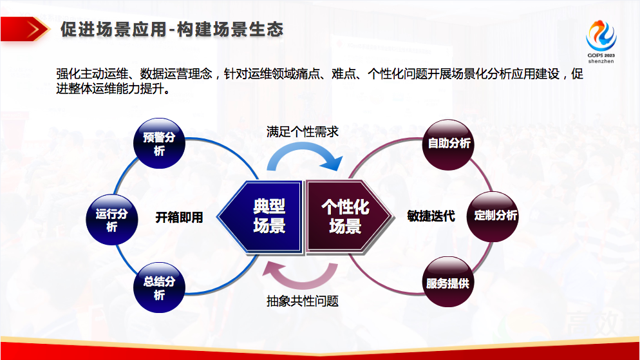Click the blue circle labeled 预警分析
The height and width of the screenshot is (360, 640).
click(x=159, y=144)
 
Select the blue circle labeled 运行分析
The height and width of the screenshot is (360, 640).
click(x=112, y=220)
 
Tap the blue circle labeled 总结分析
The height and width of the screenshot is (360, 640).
click(x=159, y=288)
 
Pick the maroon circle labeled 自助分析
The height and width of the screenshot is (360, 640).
click(x=448, y=144)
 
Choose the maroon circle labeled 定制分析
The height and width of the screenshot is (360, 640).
click(x=493, y=216)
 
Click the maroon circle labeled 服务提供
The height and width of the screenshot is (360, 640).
click(x=448, y=281)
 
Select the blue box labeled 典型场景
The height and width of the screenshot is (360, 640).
click(x=260, y=217)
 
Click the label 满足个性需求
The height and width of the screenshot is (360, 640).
click(x=303, y=132)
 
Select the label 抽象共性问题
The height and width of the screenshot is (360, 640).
click(x=303, y=301)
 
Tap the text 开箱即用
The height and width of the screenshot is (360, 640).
click(x=179, y=217)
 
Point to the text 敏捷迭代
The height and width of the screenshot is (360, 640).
click(x=431, y=216)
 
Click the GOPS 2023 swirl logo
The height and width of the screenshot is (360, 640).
click(x=601, y=35)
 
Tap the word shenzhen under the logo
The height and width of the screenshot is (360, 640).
click(x=601, y=61)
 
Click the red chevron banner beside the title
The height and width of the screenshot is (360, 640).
click(x=25, y=29)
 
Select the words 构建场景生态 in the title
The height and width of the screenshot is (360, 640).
click(x=231, y=30)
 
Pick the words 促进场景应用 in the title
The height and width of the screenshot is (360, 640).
click(x=113, y=30)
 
